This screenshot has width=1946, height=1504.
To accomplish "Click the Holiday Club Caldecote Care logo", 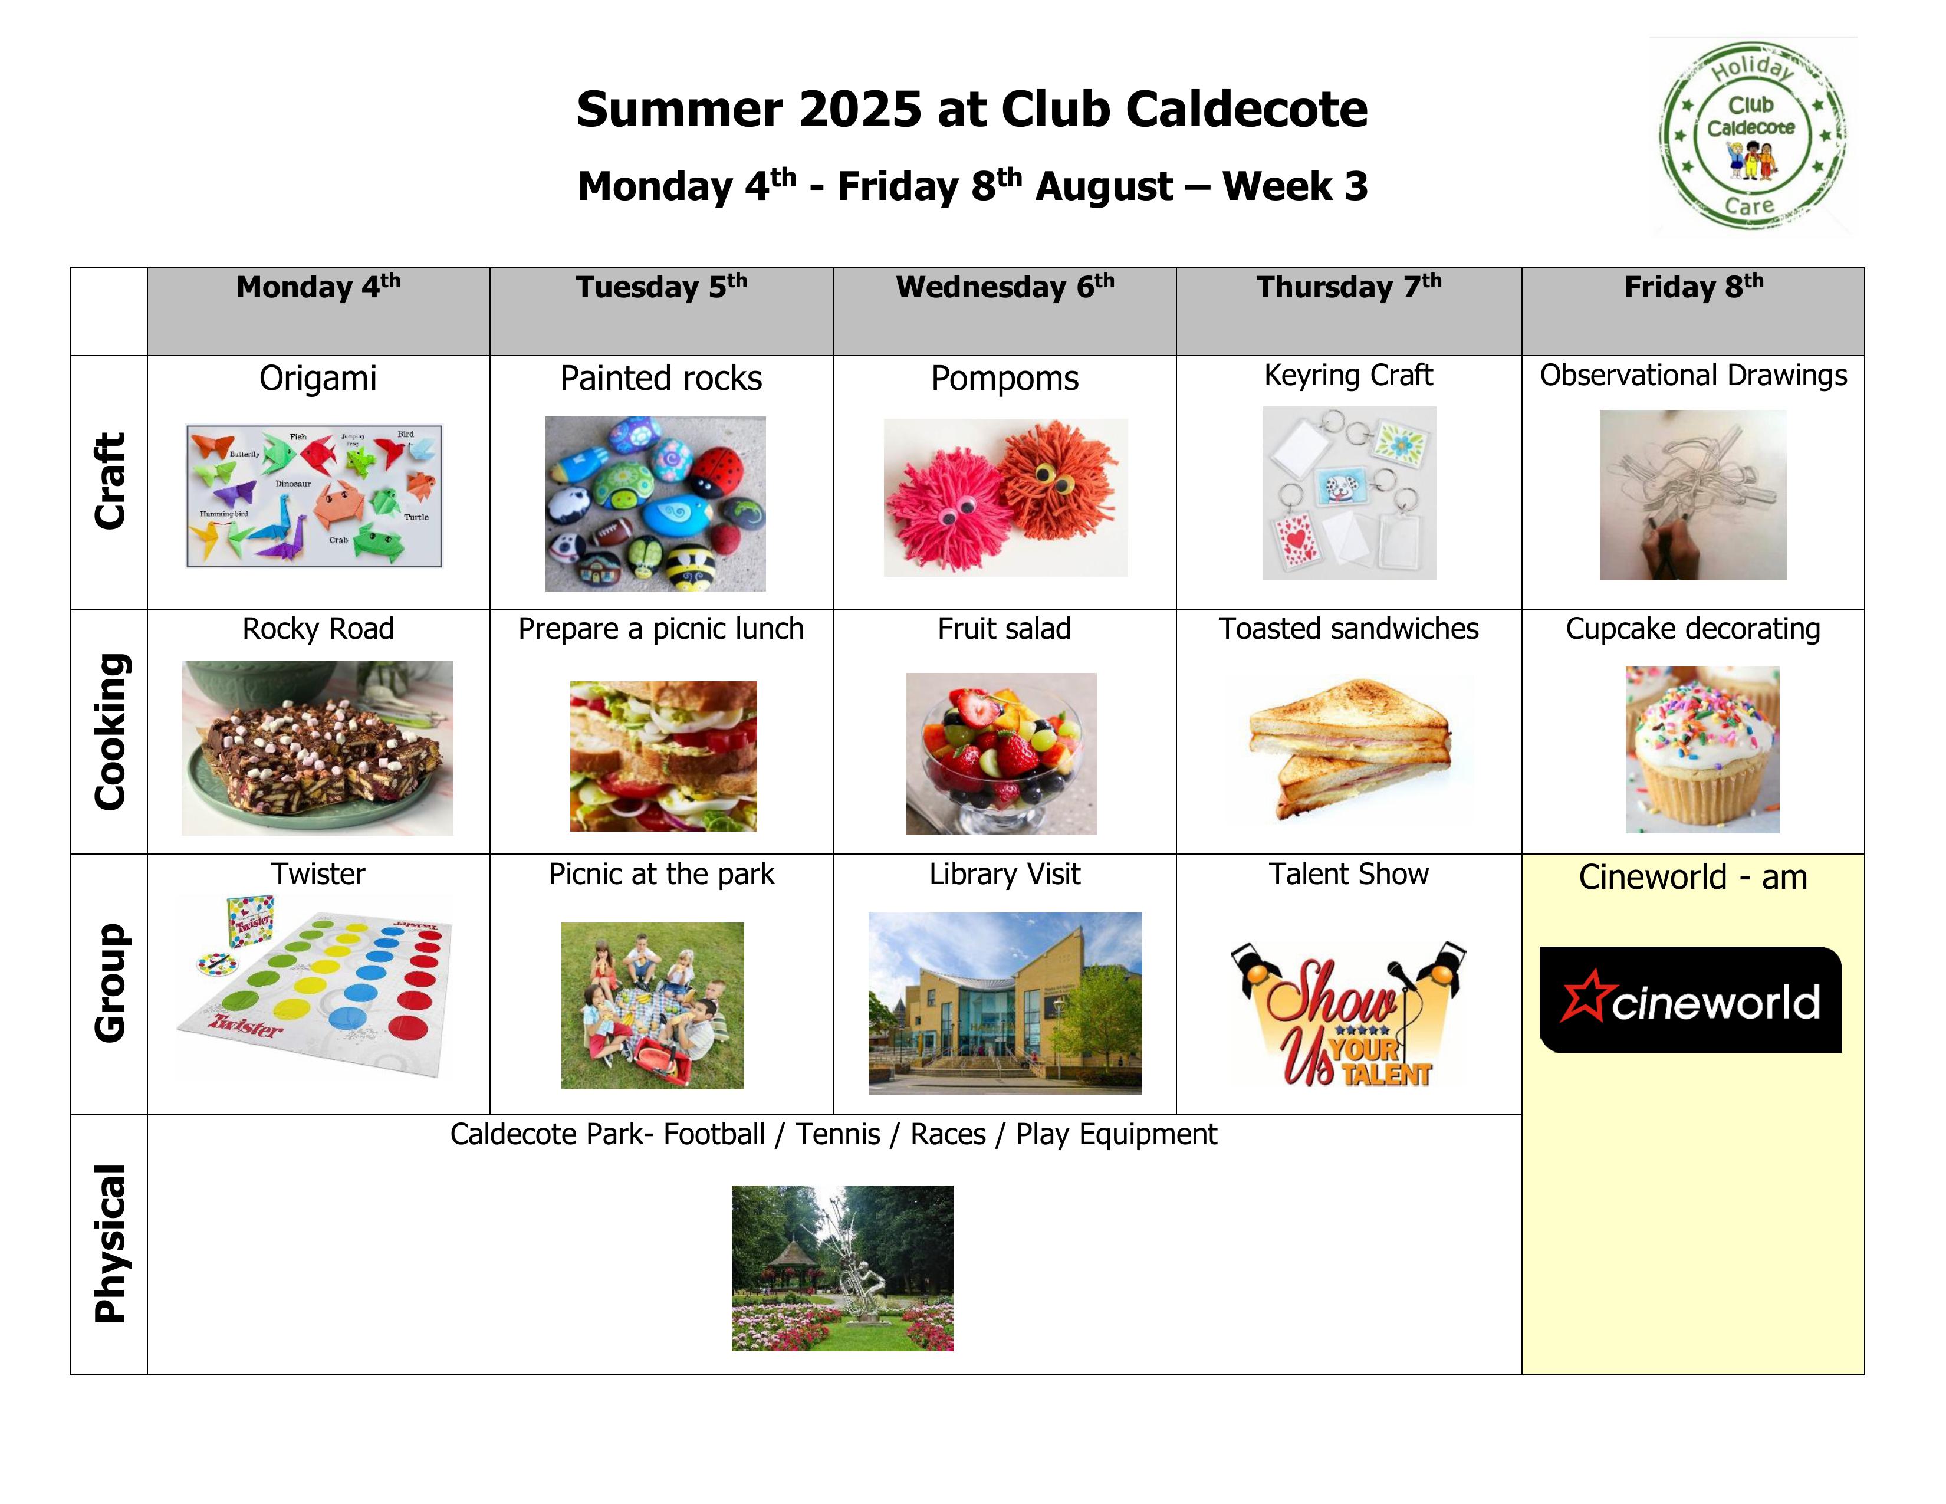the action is tap(1753, 136).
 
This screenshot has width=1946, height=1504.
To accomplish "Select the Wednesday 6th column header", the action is tap(1005, 287).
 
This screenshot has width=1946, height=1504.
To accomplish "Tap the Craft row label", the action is tap(110, 481).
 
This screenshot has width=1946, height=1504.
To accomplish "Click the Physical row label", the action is tap(110, 1244).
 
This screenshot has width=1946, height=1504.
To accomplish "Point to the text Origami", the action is tap(318, 379).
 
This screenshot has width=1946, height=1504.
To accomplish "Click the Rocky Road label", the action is tap(318, 629).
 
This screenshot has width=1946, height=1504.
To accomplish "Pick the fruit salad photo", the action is tap(1001, 754).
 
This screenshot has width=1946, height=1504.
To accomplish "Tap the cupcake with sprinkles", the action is tap(1702, 750).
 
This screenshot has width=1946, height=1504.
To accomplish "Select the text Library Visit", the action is tap(1005, 874).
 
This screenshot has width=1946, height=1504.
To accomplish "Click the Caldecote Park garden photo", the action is tap(842, 1268).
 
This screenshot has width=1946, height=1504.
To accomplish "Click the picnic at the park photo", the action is tap(652, 1005).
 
